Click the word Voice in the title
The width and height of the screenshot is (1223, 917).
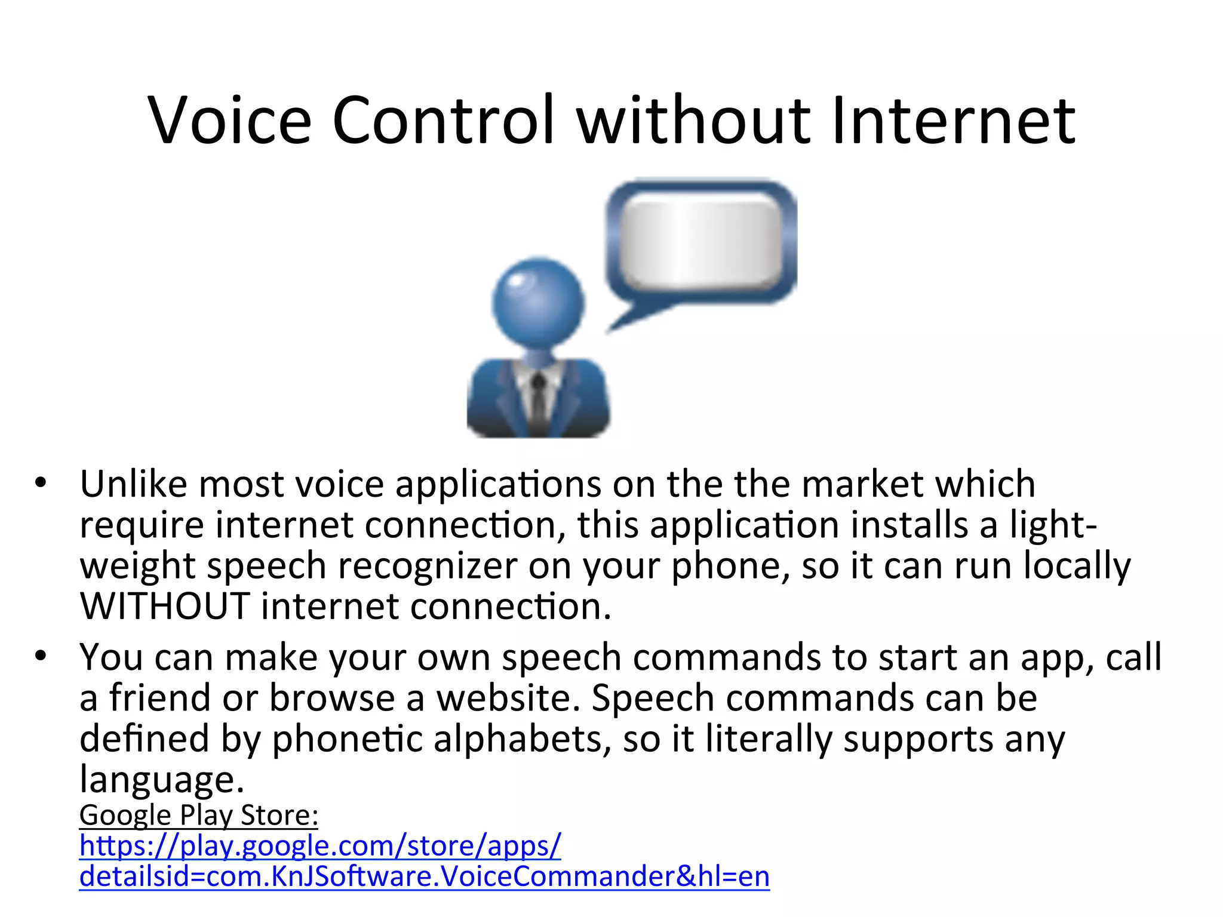(230, 121)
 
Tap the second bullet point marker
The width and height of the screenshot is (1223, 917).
(40, 656)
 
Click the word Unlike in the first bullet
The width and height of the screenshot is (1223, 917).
(133, 484)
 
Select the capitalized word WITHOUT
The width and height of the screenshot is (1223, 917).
(165, 607)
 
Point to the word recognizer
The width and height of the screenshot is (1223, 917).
(428, 565)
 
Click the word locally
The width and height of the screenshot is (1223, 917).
(1077, 565)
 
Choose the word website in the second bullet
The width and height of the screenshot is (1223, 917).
(508, 698)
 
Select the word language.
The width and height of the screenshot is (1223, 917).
(161, 780)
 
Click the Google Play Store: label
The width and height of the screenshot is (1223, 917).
(199, 816)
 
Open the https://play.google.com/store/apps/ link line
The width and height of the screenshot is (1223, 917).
(320, 846)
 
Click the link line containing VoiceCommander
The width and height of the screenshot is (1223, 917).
(424, 876)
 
